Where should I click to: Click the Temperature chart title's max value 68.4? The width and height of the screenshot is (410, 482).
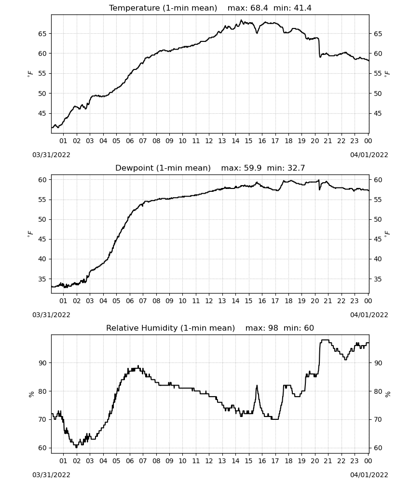pyautogui.click(x=259, y=8)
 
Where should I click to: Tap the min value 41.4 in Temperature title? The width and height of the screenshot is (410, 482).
pyautogui.click(x=302, y=8)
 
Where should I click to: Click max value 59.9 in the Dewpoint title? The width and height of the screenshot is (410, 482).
pyautogui.click(x=253, y=168)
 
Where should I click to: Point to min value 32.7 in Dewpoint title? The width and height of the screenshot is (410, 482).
pyautogui.click(x=296, y=168)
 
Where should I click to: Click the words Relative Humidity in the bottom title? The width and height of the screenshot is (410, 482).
pyautogui.click(x=142, y=328)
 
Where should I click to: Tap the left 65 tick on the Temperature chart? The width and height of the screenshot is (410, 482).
pyautogui.click(x=42, y=34)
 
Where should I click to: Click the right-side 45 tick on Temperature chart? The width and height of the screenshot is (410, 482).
pyautogui.click(x=378, y=113)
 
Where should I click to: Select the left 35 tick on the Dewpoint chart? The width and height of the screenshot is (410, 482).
pyautogui.click(x=42, y=279)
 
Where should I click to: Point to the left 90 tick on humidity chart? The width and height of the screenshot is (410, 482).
pyautogui.click(x=42, y=363)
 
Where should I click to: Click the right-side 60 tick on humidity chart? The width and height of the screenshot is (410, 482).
pyautogui.click(x=378, y=448)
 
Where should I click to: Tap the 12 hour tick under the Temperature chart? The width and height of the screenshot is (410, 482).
pyautogui.click(x=209, y=141)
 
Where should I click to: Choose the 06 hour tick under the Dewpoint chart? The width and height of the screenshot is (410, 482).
pyautogui.click(x=129, y=301)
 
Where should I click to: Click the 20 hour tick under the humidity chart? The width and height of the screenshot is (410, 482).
pyautogui.click(x=314, y=461)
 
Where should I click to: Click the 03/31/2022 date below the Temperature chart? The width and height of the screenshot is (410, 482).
pyautogui.click(x=51, y=155)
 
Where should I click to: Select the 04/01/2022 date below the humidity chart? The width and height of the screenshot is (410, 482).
pyautogui.click(x=369, y=475)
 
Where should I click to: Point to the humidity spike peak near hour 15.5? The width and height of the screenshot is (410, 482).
pyautogui.click(x=257, y=386)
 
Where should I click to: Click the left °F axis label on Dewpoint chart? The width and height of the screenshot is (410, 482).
pyautogui.click(x=30, y=234)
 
